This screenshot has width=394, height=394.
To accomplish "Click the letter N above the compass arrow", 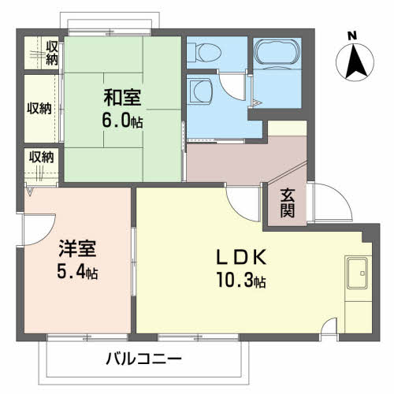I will coord(352,34).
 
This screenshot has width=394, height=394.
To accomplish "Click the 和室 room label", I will coord(123,99).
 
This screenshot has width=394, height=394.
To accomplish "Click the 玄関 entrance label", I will coord(287,203).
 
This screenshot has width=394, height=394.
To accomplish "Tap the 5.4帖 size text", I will coord(77,273).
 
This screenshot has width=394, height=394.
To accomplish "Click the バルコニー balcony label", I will coord(144,359).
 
